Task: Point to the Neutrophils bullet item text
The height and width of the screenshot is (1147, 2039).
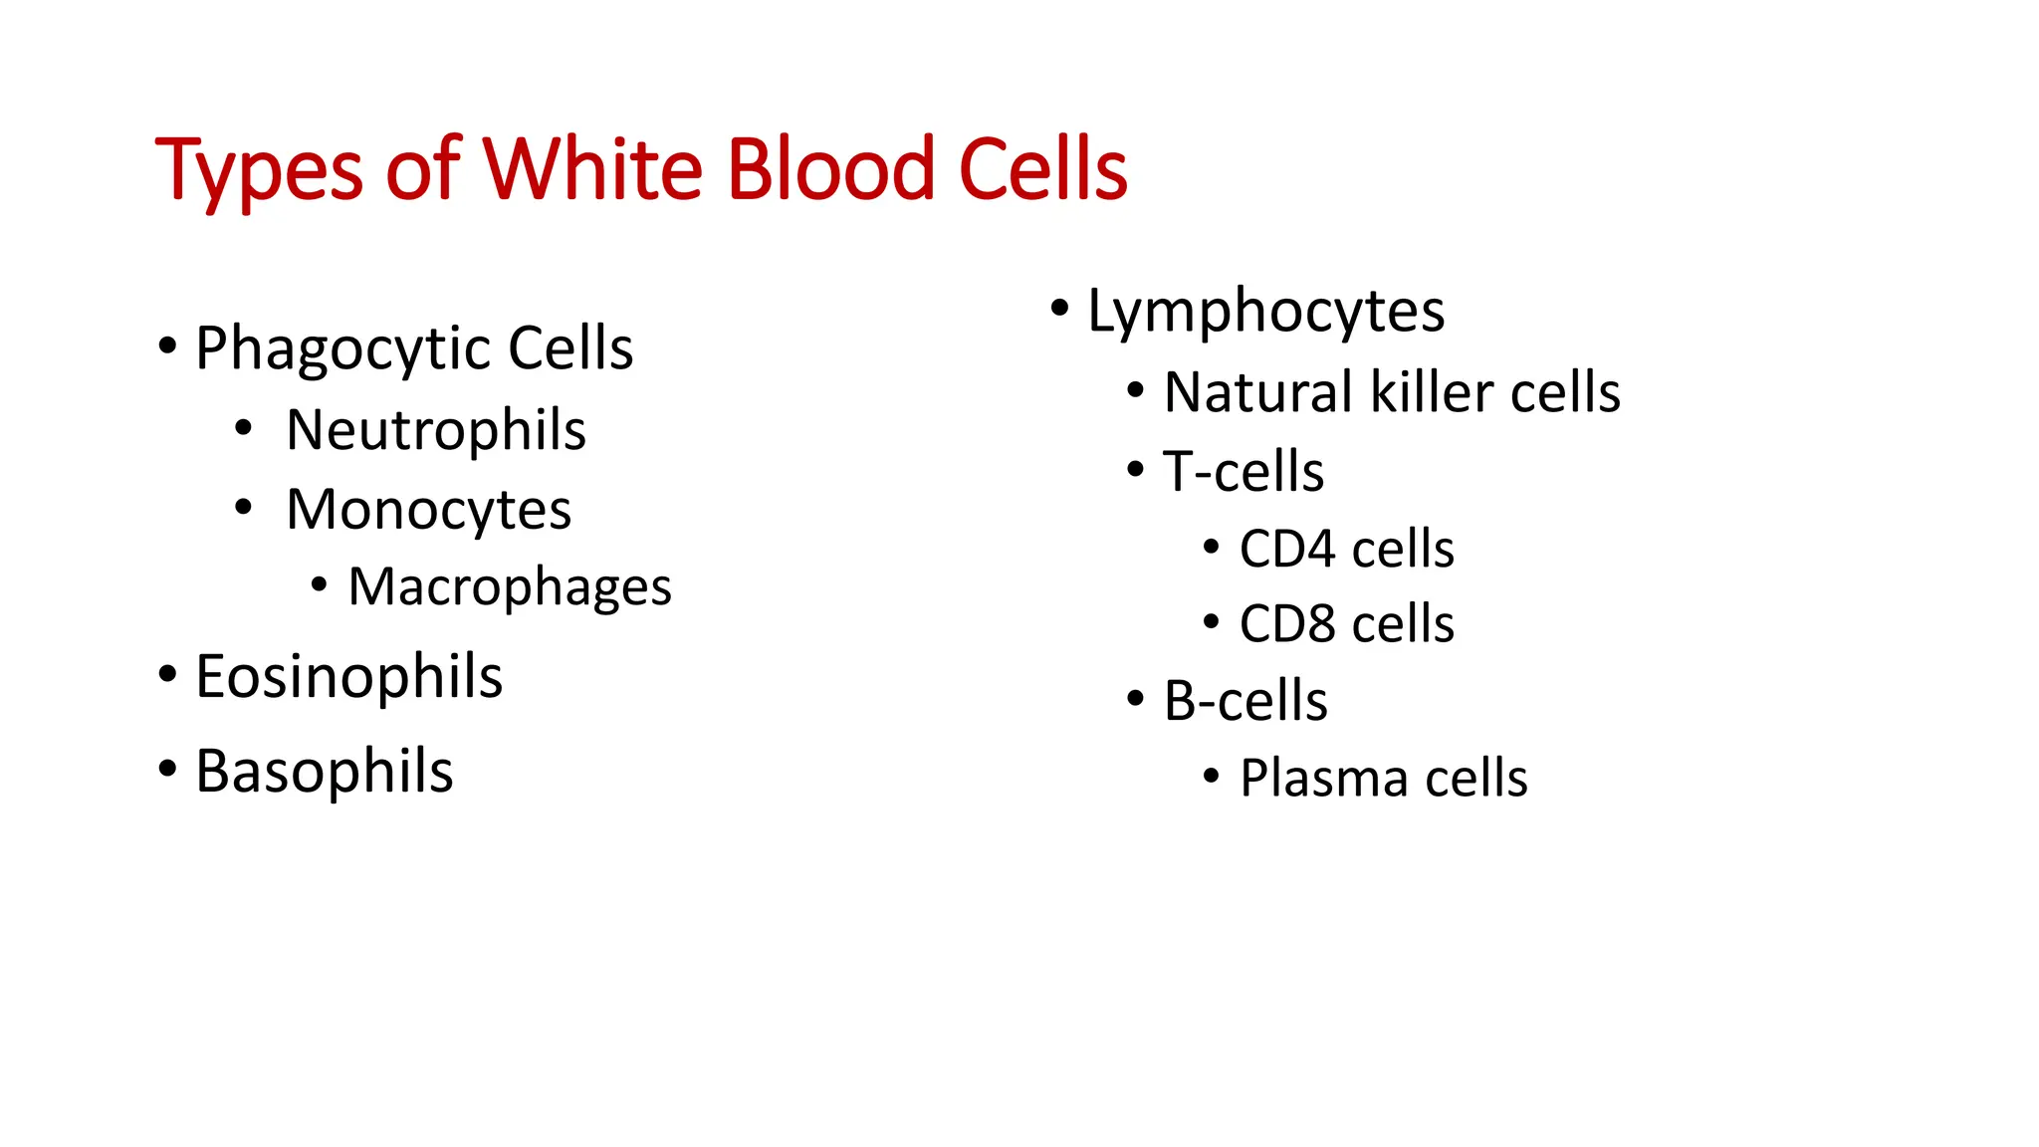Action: [436, 430]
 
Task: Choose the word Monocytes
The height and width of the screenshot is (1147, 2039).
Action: [428, 510]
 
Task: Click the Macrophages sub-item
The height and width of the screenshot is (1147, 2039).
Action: [510, 587]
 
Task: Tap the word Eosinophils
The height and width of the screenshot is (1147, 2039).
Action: [348, 677]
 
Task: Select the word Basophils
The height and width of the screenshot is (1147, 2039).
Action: [325, 772]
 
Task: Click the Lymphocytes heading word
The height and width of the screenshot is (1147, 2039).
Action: [1265, 312]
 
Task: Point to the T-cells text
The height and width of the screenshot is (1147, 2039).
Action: [1244, 471]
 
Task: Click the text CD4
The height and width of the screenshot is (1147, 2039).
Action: [1287, 549]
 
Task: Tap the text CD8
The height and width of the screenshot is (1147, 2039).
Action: [1287, 624]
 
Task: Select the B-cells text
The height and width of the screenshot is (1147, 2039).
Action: [1246, 701]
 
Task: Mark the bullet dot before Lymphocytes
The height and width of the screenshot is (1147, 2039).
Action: [1060, 308]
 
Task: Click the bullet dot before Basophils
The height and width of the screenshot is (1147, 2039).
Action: [167, 769]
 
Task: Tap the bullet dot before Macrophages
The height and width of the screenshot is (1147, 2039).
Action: [319, 583]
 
